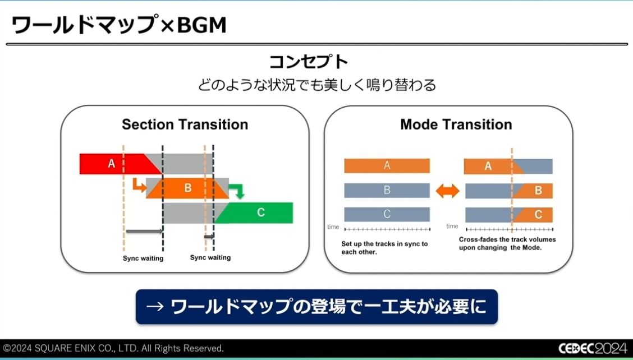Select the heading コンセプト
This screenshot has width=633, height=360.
coord(316,62)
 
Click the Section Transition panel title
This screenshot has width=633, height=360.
coord(185,124)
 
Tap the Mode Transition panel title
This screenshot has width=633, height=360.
coord(456,124)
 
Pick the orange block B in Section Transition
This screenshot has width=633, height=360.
coord(187,188)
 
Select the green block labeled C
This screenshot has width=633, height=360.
coord(260,213)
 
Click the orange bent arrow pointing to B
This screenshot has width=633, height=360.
coord(137,185)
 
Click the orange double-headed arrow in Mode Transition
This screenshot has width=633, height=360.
coord(447,191)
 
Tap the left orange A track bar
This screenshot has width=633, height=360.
coord(387,165)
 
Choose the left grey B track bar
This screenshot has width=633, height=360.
coord(387,190)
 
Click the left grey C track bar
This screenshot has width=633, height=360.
coord(387,214)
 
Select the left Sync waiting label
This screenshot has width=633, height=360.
coord(143,259)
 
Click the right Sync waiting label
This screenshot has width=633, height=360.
coord(210,257)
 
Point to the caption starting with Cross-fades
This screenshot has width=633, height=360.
coord(507,243)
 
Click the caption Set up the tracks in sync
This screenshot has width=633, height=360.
coord(384,248)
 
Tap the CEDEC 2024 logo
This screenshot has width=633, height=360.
coord(593,348)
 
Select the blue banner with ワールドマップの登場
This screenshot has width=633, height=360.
coord(316,307)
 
